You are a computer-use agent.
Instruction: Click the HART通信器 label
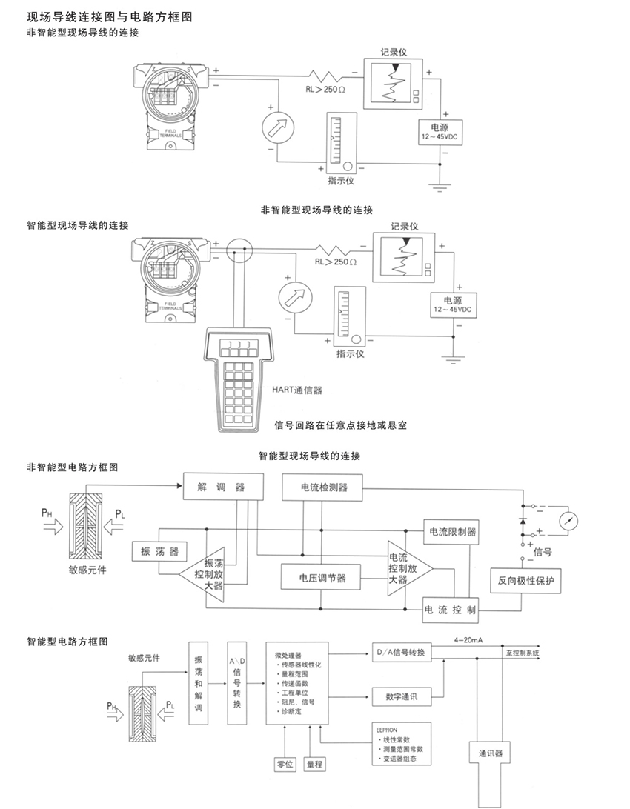click(302, 387)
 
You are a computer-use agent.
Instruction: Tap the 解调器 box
click(221, 487)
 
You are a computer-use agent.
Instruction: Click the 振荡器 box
click(159, 552)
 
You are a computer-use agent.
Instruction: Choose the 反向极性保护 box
click(526, 579)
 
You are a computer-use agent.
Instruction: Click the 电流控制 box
click(450, 610)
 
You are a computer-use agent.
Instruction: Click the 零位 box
click(285, 764)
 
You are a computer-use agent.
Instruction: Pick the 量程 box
click(316, 764)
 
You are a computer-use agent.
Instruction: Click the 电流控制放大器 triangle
click(404, 567)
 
